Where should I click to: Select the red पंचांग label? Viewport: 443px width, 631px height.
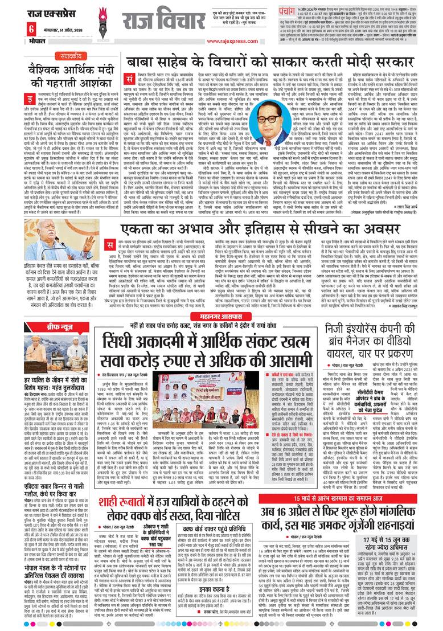point(270,10)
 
